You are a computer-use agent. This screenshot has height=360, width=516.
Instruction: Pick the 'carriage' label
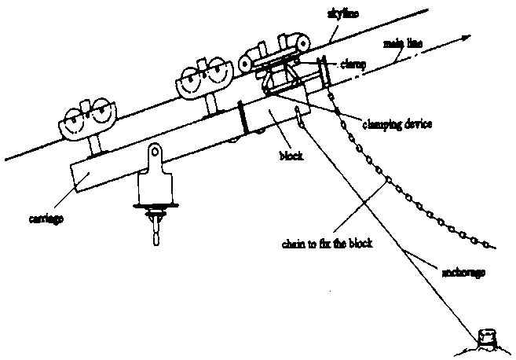tap(44, 215)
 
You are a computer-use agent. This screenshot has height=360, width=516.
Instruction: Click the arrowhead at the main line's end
tap(466, 37)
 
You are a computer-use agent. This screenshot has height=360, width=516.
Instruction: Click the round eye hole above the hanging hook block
tap(156, 151)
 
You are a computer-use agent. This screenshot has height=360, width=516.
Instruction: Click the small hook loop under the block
tap(299, 118)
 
